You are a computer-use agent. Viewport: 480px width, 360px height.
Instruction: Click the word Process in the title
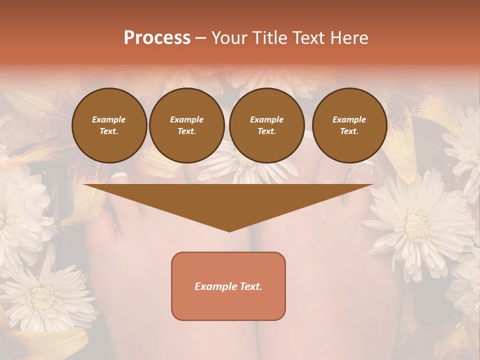(157, 37)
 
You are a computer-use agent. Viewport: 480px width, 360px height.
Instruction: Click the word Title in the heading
(270, 37)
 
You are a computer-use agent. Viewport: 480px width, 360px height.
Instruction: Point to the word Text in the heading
(308, 37)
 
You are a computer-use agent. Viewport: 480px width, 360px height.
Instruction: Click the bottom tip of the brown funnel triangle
(229, 230)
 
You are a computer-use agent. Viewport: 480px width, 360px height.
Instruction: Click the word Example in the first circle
(109, 119)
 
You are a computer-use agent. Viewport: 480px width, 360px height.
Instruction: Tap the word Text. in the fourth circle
(349, 131)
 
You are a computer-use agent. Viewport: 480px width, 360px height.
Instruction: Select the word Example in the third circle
(266, 119)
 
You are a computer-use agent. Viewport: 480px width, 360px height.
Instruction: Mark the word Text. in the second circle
(186, 131)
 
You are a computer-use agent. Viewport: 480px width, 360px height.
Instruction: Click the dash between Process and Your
(200, 37)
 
